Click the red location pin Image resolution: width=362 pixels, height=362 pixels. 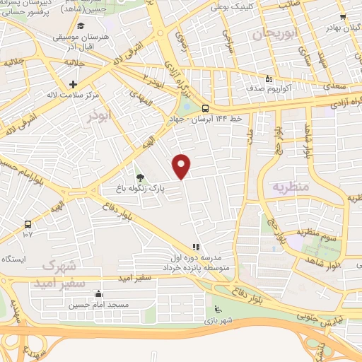[x=182, y=166]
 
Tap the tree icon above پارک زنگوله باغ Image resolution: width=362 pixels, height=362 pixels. [x=139, y=177]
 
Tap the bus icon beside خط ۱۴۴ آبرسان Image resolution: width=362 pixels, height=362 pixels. [x=205, y=108]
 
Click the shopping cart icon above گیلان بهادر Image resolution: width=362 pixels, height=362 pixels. [x=342, y=18]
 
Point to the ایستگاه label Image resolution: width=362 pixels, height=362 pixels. [x=13, y=259]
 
